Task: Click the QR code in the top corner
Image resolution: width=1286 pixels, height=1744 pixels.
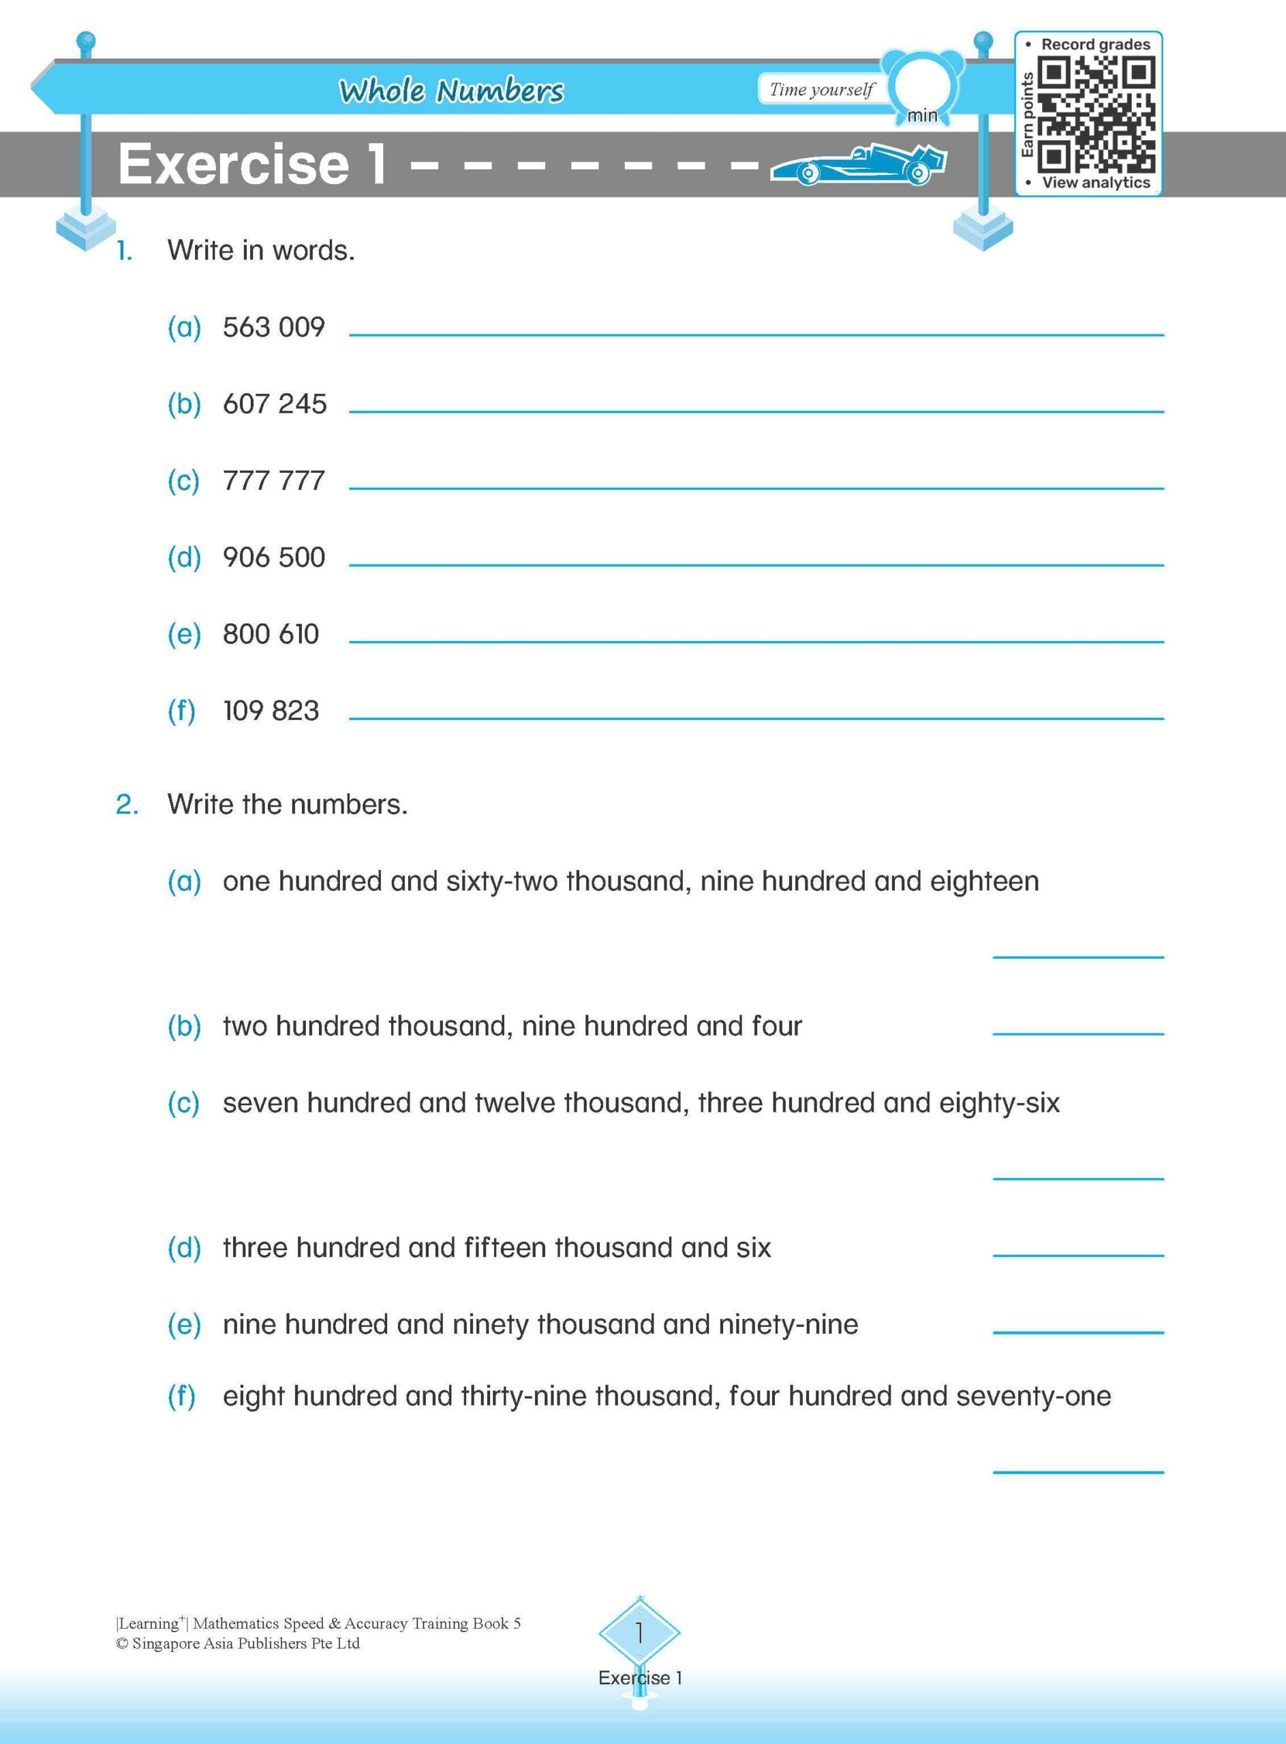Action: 1096,114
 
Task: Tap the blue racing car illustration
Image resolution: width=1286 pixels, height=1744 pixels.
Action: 858,164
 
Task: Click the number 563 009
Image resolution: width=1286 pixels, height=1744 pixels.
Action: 273,327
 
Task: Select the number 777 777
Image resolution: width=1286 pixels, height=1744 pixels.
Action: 273,480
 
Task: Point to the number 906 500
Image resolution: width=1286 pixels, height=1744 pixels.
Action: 273,557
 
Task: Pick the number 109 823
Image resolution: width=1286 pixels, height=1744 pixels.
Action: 271,711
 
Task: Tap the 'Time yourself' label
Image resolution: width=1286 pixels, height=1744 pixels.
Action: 821,89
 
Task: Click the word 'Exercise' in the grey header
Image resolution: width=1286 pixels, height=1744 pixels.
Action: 234,164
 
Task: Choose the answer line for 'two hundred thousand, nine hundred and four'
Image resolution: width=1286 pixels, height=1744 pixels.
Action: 1077,1033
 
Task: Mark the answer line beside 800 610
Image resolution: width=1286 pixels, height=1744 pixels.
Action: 755,640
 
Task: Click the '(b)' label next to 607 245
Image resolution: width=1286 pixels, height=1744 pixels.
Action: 184,404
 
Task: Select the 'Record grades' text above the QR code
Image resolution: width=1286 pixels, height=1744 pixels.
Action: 1095,44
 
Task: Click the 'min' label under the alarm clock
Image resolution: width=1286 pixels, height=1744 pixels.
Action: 923,116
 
